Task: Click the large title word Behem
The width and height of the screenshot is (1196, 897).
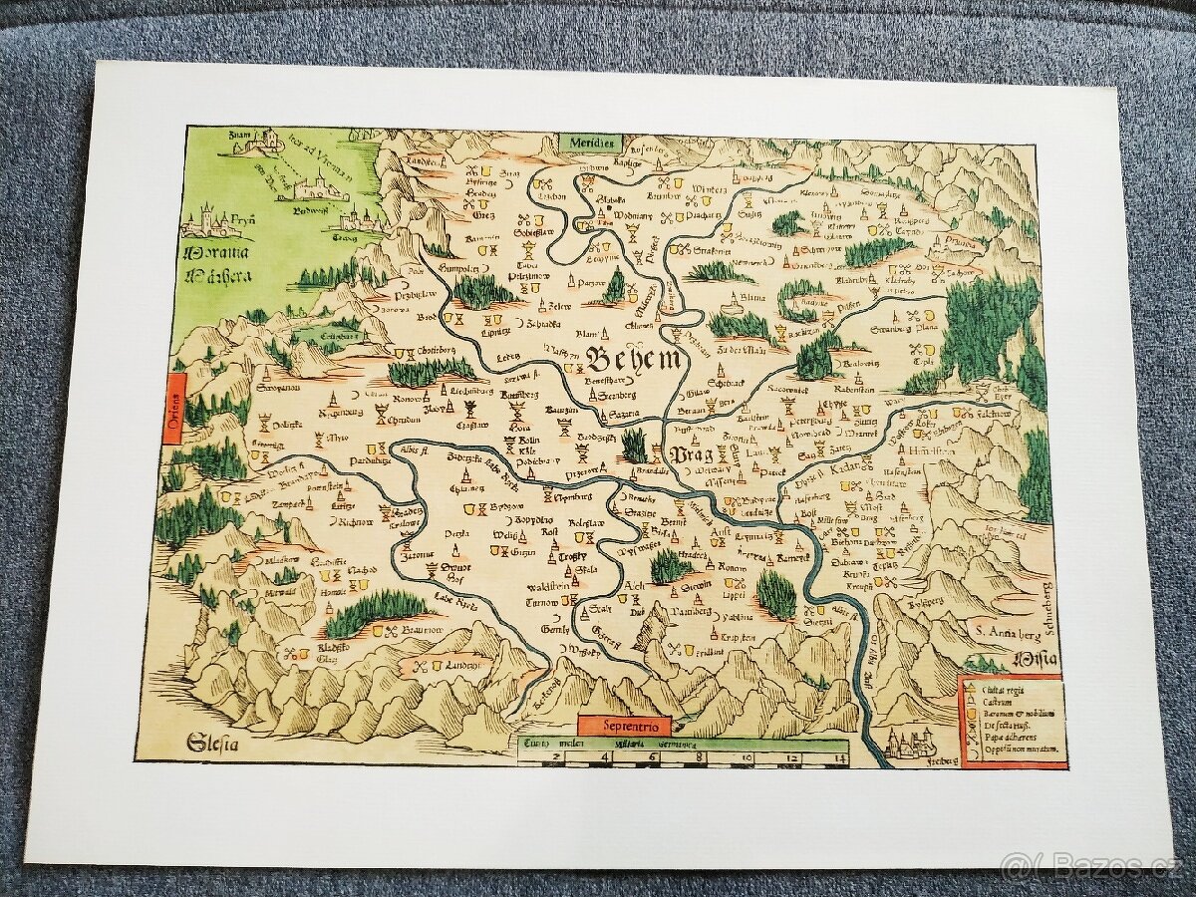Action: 634,361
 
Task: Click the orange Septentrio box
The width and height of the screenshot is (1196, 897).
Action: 625,726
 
